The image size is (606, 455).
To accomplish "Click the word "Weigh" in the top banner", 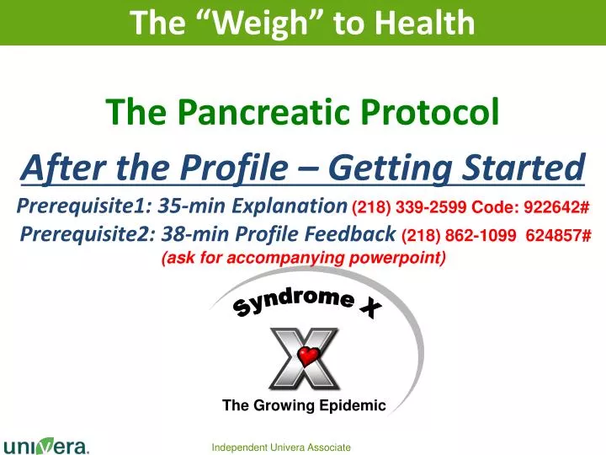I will tap(258, 23).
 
